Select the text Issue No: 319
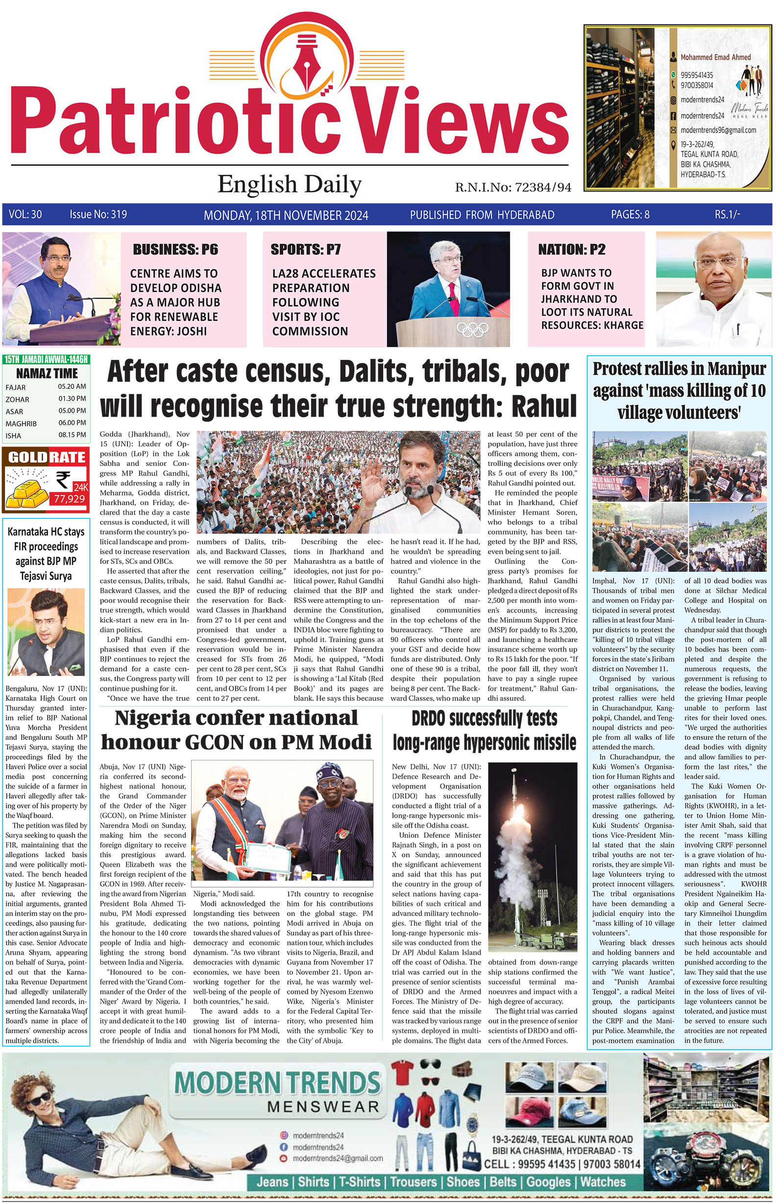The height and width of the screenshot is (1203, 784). pyautogui.click(x=98, y=214)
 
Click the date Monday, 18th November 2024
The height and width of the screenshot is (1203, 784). pyautogui.click(x=286, y=215)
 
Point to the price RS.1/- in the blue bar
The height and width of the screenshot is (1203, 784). pyautogui.click(x=727, y=214)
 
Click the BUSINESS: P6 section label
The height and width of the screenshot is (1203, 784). pyautogui.click(x=175, y=249)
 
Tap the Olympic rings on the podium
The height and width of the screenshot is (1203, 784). pyautogui.click(x=472, y=330)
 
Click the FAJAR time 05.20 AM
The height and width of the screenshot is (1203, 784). pyautogui.click(x=72, y=387)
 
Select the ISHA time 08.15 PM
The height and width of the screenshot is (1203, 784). pyautogui.click(x=72, y=435)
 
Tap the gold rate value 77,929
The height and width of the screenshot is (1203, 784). pyautogui.click(x=69, y=499)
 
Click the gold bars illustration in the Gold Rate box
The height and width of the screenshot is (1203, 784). pyautogui.click(x=29, y=494)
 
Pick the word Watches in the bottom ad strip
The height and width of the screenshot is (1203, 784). pyautogui.click(x=603, y=1182)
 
